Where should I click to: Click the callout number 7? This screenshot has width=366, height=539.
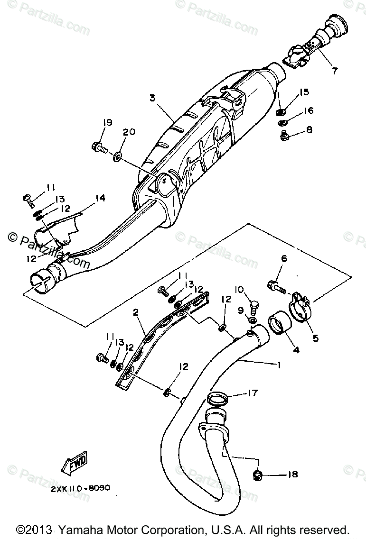pos(335,71)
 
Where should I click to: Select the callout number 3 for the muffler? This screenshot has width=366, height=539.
pos(152,98)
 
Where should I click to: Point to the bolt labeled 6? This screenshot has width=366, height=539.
pos(276,286)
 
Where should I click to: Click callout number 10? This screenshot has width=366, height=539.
pos(239,289)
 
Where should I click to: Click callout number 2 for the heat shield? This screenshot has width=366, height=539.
pos(136,312)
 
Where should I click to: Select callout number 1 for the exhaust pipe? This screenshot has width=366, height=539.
pos(279,365)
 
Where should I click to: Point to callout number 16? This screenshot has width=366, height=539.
pos(309,110)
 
